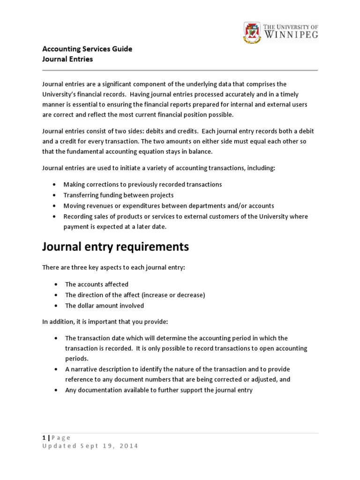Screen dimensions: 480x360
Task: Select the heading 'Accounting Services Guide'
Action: [87, 49]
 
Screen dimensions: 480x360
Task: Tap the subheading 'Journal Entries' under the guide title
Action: [67, 59]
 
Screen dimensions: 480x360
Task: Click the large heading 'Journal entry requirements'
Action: [116, 247]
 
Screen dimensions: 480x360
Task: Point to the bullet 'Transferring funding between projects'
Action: [119, 195]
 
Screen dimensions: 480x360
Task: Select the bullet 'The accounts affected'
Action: [97, 284]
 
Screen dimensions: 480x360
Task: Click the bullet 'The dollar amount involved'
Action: [105, 306]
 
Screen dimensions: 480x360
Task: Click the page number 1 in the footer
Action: [44, 438]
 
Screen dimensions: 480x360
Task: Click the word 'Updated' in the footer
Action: [59, 446]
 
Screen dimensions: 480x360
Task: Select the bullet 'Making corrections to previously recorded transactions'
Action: [142, 184]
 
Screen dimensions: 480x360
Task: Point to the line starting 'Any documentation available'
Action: [159, 390]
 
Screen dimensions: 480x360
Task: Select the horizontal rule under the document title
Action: [180, 70]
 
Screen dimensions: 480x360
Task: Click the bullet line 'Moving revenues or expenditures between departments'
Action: [169, 206]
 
